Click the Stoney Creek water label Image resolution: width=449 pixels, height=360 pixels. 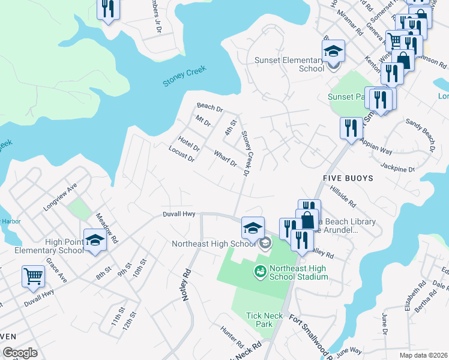coord(184,77)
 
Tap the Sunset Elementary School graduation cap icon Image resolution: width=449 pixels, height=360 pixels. coord(333,52)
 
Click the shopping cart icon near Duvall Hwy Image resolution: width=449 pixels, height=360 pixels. coord(33,277)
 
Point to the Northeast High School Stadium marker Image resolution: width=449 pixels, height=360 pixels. coord(261,272)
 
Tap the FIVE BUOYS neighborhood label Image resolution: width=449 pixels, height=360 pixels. coord(348,178)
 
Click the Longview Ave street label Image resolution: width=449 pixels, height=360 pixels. coord(60,197)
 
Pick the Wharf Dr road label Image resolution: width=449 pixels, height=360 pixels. coord(226,160)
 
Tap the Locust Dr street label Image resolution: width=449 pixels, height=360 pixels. coord(182,154)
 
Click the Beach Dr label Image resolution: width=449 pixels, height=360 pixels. coord(210,109)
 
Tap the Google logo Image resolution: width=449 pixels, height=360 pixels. coord(19,353)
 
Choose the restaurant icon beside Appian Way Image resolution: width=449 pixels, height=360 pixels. coord(351,128)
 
